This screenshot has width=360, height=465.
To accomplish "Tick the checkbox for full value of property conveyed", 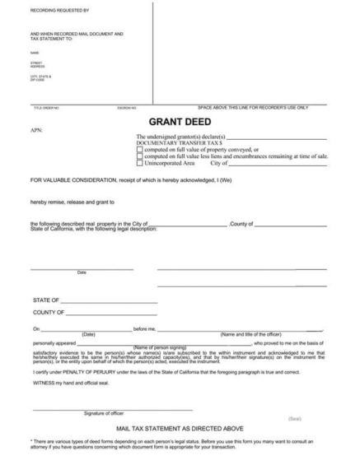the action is tap(139, 150).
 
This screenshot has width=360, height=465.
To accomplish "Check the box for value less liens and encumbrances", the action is tap(139, 156).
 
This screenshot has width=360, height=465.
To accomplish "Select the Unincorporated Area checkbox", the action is tap(139, 163).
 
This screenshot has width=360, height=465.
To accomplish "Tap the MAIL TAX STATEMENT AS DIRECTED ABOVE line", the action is tap(180, 429).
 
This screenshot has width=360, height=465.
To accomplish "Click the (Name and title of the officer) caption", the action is tap(255, 333).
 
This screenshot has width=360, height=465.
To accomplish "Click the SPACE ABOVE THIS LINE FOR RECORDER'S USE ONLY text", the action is tap(253, 108).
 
